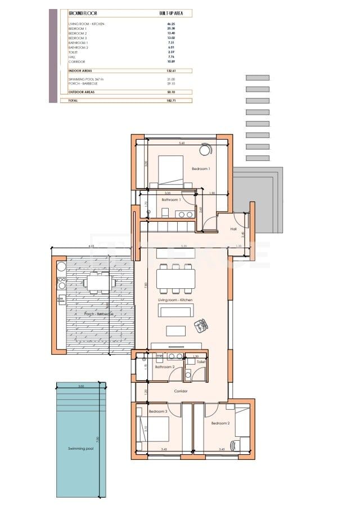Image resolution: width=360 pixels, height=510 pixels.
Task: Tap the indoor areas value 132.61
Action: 172,71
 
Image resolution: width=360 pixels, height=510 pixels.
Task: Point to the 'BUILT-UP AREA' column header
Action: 171,12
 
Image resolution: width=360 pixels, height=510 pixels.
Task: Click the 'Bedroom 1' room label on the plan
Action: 201,169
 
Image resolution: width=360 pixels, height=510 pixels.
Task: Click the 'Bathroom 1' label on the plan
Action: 170,200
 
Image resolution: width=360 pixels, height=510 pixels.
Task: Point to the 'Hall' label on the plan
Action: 233,229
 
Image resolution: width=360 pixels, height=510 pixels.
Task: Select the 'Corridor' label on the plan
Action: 181,391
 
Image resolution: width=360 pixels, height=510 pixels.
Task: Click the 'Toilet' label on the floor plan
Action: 201,362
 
